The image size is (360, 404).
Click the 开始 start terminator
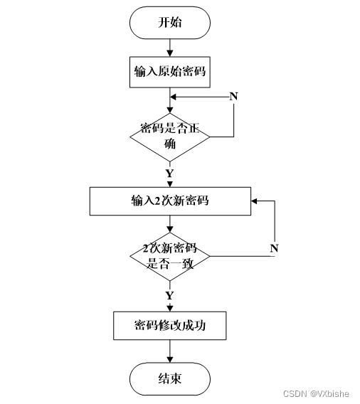click(170, 23)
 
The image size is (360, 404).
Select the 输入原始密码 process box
click(170, 72)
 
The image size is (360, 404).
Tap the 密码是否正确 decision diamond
click(170, 137)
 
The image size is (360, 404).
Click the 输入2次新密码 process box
click(170, 201)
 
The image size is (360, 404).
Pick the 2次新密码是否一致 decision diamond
click(170, 257)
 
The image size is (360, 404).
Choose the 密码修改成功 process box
click(170, 326)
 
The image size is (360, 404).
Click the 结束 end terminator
click(170, 378)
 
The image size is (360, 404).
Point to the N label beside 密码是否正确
click(234, 96)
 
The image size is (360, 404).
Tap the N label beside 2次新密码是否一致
click(274, 248)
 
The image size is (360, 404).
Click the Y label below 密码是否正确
click(169, 174)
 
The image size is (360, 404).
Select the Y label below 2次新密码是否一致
click(169, 295)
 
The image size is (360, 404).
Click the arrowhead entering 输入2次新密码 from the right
click(254, 201)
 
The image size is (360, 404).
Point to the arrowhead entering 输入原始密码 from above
click(170, 53)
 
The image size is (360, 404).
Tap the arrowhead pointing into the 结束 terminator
click(170, 359)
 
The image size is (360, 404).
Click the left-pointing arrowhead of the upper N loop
click(173, 97)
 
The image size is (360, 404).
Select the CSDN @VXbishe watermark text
click(316, 394)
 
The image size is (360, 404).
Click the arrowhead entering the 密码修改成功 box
click(170, 309)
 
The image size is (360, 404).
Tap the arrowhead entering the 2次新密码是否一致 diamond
click(170, 229)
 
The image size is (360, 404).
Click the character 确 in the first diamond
click(170, 144)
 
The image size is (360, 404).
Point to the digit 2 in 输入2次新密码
click(157, 201)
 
